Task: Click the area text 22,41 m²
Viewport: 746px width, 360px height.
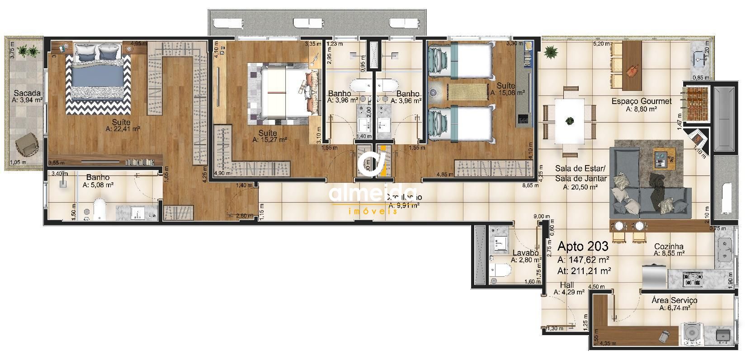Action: point(123,129)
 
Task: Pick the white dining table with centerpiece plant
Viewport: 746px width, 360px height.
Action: point(569,122)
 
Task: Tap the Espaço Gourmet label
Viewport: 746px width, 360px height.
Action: point(641,102)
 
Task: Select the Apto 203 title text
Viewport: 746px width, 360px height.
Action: point(583,246)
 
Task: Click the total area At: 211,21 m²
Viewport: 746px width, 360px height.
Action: point(585,271)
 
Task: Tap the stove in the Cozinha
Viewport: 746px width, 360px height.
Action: point(692,279)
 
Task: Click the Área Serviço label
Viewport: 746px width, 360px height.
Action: point(674,300)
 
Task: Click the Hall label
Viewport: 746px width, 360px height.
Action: point(567,285)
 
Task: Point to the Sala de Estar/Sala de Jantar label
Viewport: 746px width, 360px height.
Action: point(581,174)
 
